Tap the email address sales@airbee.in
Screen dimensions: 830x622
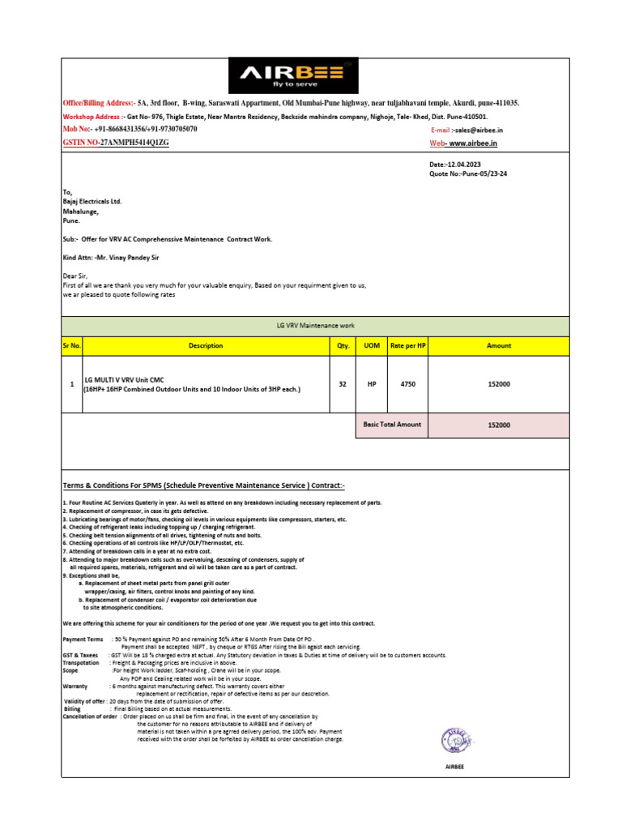click(479, 130)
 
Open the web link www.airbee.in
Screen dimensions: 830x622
click(473, 143)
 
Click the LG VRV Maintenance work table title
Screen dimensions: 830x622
click(315, 326)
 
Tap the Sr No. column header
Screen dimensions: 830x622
click(71, 345)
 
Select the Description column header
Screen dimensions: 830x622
click(206, 345)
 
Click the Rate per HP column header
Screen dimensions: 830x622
click(407, 345)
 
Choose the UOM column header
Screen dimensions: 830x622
click(372, 345)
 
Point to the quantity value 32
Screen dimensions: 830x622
click(343, 384)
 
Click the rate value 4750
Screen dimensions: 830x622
click(407, 384)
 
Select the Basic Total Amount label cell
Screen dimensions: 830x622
click(392, 425)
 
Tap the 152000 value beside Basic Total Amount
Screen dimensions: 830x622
click(499, 425)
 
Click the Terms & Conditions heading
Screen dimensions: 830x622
click(204, 486)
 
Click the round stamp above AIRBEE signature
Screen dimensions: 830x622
click(456, 742)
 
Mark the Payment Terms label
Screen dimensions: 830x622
click(83, 640)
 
